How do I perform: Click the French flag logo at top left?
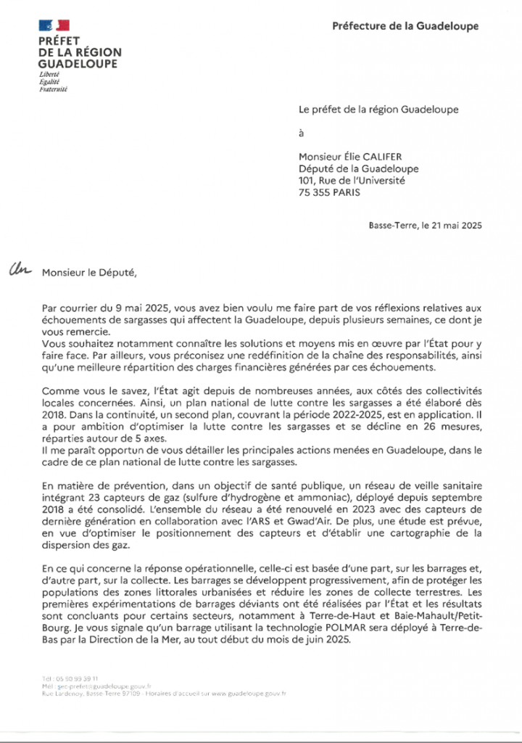pyautogui.click(x=54, y=27)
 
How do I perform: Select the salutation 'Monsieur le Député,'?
pyautogui.click(x=88, y=274)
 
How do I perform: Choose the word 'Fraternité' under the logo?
pyautogui.click(x=53, y=89)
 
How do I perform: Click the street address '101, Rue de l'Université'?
pyautogui.click(x=352, y=181)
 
